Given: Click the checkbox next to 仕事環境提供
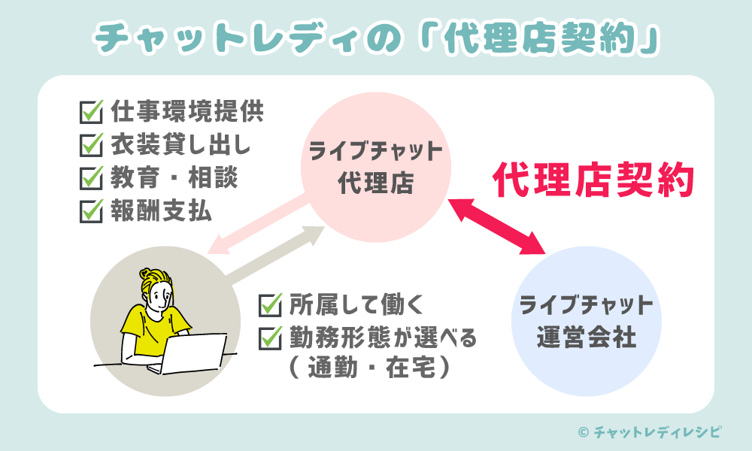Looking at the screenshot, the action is coord(91,114).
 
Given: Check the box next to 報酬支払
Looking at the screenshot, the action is coord(91,212).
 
